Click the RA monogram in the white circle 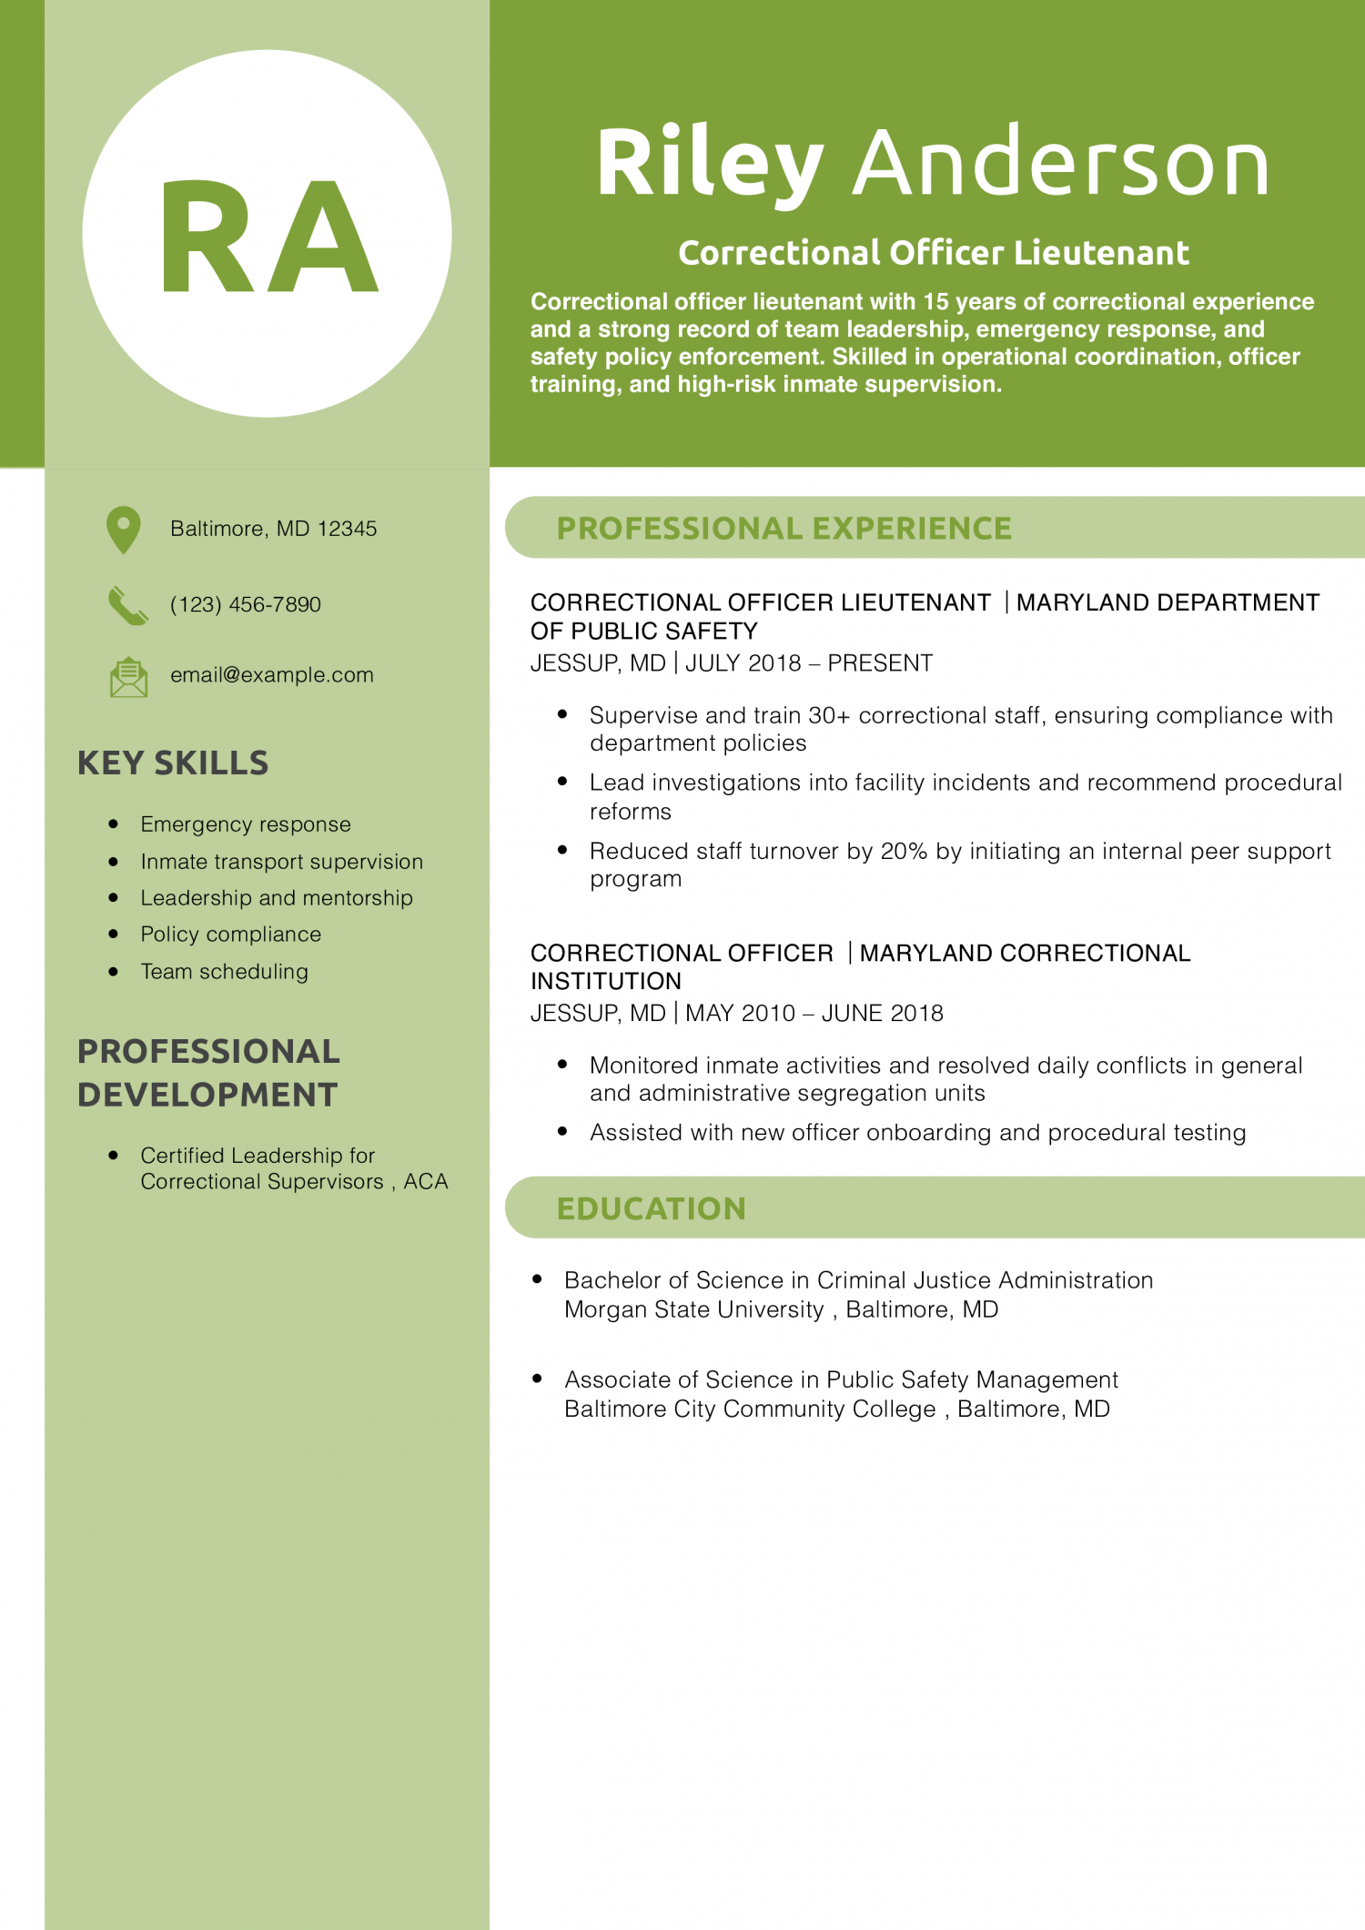pyautogui.click(x=268, y=237)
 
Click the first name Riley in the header pyautogui.click(x=710, y=164)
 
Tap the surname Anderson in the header pyautogui.click(x=1060, y=164)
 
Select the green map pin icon pyautogui.click(x=124, y=529)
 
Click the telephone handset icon pyautogui.click(x=127, y=605)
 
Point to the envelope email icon pyautogui.click(x=128, y=677)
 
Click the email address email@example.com pyautogui.click(x=271, y=675)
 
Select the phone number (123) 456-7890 pyautogui.click(x=245, y=605)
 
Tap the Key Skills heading pyautogui.click(x=173, y=763)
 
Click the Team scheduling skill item pyautogui.click(x=224, y=972)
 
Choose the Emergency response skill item pyautogui.click(x=245, y=824)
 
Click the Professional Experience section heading pyautogui.click(x=784, y=529)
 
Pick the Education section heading pyautogui.click(x=651, y=1208)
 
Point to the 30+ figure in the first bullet pyautogui.click(x=829, y=716)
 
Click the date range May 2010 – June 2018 pyautogui.click(x=814, y=1014)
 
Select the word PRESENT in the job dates pyautogui.click(x=880, y=663)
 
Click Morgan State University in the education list pyautogui.click(x=693, y=1309)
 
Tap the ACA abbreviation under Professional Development pyautogui.click(x=426, y=1182)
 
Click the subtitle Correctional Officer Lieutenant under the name pyautogui.click(x=934, y=253)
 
